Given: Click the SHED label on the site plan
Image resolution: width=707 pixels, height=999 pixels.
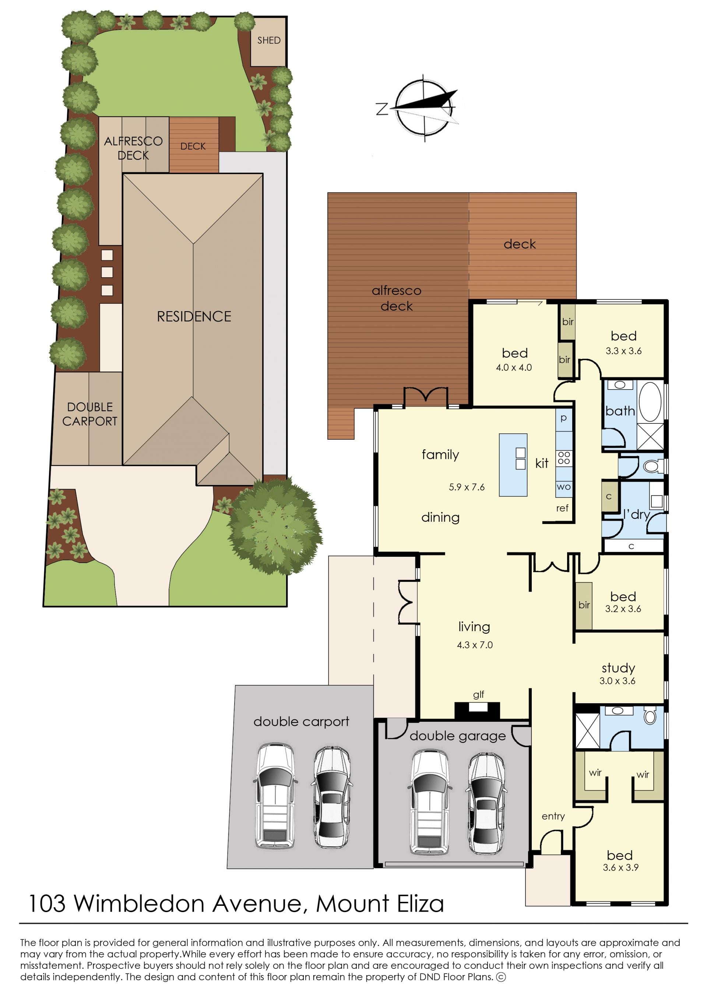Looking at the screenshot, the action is (268, 41).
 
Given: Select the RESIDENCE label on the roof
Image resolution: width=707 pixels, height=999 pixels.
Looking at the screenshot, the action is (194, 316).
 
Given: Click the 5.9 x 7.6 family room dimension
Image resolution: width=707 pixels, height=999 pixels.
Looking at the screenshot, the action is (467, 487).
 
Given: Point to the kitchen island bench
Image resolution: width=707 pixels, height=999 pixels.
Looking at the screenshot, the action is (513, 464).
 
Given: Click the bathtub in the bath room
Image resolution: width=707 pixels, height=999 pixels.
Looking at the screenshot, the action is (650, 402).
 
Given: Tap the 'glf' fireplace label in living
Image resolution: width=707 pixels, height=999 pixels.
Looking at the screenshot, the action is (478, 695).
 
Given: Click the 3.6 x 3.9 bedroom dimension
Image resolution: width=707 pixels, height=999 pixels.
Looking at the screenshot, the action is (620, 867).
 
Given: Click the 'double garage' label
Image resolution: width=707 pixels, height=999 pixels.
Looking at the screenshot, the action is (458, 736).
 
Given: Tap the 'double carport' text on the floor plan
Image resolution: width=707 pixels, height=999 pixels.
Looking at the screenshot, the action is (301, 721).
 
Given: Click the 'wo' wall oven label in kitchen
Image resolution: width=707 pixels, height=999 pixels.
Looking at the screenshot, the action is (563, 487).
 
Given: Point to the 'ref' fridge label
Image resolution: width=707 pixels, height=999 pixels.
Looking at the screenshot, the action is (562, 508).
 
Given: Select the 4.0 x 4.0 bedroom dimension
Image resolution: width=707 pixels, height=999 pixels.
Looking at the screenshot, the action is (514, 367).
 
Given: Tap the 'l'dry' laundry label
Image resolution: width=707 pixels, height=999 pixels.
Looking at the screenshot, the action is (636, 514).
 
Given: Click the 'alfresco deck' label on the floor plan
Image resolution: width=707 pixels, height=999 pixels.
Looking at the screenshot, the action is (396, 298).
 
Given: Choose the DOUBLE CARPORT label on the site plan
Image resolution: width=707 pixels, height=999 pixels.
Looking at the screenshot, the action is (90, 414).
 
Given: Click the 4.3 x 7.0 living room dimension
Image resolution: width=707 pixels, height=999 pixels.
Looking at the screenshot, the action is (475, 645).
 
